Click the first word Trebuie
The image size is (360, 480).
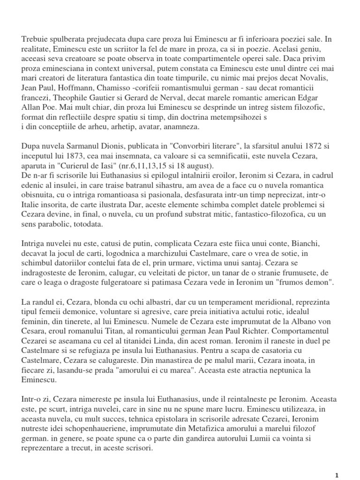(34, 39)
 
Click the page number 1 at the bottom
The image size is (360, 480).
(337, 474)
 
